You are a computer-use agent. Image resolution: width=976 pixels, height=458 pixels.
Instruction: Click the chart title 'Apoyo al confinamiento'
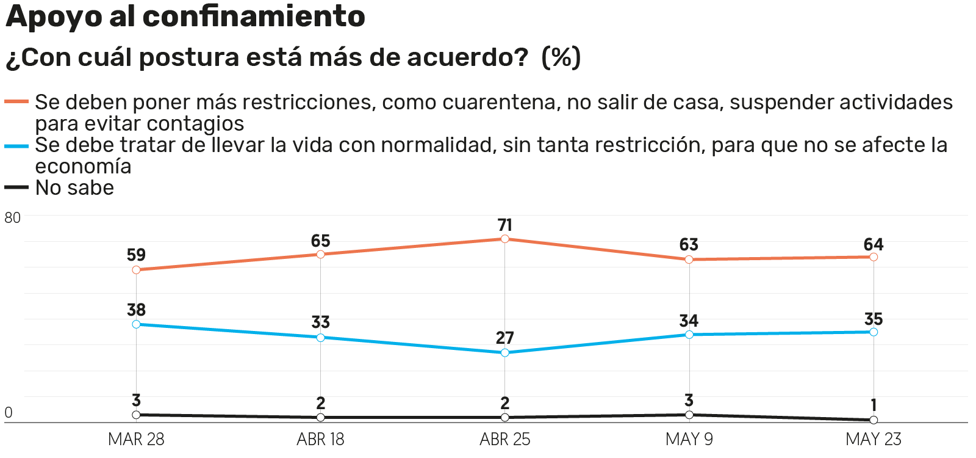click(185, 16)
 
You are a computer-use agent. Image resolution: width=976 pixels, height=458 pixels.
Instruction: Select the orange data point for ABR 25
click(505, 239)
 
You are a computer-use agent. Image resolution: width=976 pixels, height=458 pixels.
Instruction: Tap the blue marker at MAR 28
click(136, 324)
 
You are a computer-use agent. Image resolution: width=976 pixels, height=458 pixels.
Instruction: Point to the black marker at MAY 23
click(874, 420)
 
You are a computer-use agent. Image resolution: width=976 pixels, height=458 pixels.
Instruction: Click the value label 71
click(505, 225)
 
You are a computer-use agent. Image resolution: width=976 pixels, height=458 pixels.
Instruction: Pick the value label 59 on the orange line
click(136, 255)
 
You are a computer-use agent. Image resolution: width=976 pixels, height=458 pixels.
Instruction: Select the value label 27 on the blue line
click(505, 338)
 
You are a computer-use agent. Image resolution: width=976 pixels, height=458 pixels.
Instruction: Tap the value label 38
click(136, 310)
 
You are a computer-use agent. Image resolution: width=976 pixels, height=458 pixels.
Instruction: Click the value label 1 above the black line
click(874, 405)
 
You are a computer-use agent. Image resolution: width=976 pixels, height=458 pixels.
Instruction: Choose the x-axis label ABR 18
click(320, 439)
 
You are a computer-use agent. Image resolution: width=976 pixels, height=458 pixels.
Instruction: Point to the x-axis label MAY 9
click(689, 439)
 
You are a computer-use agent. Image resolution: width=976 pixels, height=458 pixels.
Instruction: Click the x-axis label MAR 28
click(136, 439)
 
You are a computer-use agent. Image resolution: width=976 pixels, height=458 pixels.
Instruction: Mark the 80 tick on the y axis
click(12, 218)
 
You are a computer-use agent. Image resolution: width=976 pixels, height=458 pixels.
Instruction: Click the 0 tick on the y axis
click(9, 413)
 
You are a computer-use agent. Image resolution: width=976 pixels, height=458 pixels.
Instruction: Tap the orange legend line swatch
click(16, 101)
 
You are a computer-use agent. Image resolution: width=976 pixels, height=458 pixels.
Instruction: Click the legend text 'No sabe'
click(74, 188)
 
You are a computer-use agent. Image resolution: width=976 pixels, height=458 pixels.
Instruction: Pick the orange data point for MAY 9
click(689, 260)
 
